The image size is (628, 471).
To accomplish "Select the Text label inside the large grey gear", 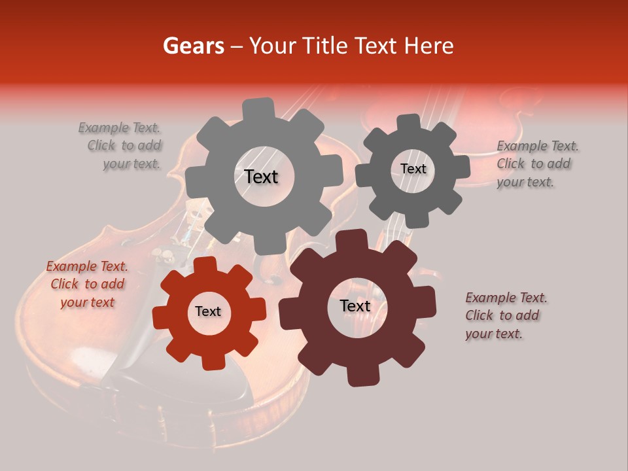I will pyautogui.click(x=261, y=177).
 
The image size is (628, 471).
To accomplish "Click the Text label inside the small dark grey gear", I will pyautogui.click(x=413, y=169).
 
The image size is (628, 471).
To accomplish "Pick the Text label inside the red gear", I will pyautogui.click(x=208, y=312).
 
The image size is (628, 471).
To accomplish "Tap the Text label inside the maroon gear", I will pyautogui.click(x=355, y=306).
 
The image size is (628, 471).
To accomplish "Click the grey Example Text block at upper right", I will pyautogui.click(x=536, y=164).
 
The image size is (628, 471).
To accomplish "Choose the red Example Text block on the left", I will pyautogui.click(x=87, y=285).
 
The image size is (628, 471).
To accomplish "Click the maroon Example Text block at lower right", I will pyautogui.click(x=505, y=316).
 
